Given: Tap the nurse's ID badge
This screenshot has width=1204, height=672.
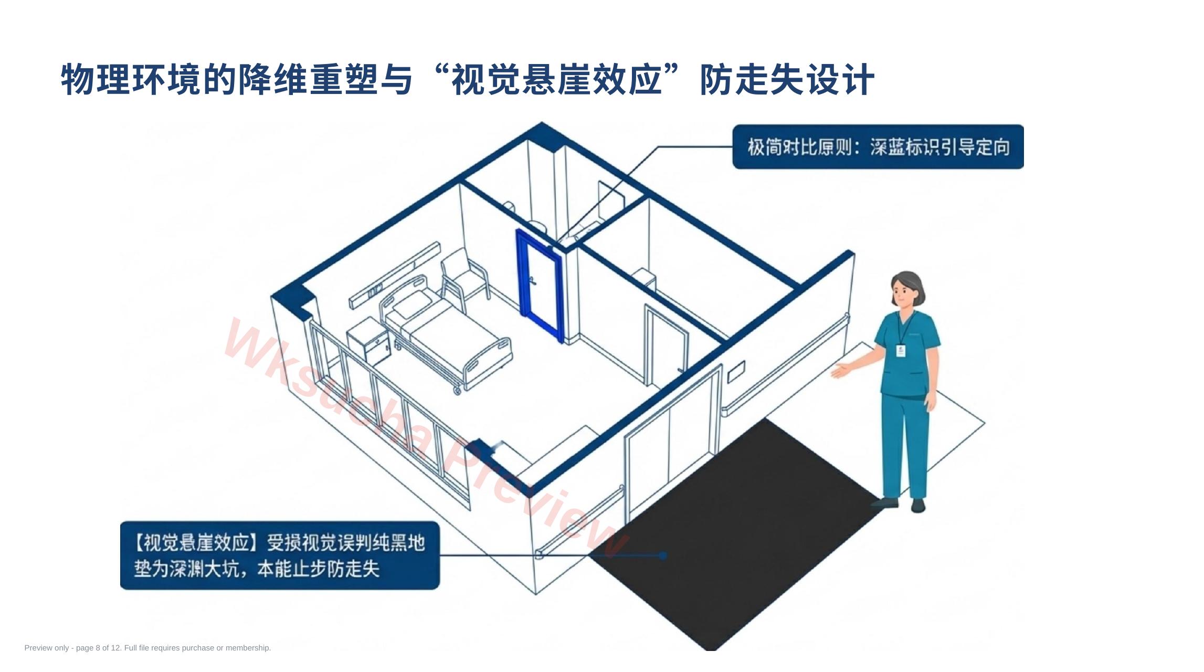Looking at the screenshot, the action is [901, 351].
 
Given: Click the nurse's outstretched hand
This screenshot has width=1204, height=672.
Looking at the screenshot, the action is [842, 370].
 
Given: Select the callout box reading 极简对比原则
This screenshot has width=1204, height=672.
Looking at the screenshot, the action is [878, 147].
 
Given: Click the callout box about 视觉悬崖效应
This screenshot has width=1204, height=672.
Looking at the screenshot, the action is [280, 555].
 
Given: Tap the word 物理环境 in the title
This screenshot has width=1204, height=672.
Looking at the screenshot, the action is [131, 80].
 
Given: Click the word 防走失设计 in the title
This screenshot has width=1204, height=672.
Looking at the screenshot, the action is [787, 80].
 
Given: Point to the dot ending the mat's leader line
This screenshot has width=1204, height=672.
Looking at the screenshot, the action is [663, 555].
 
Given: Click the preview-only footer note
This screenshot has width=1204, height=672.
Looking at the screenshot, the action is [147, 648].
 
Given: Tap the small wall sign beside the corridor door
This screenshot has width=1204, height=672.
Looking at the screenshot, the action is [736, 372].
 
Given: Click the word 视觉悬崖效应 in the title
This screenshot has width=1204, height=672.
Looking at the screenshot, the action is [556, 80].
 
